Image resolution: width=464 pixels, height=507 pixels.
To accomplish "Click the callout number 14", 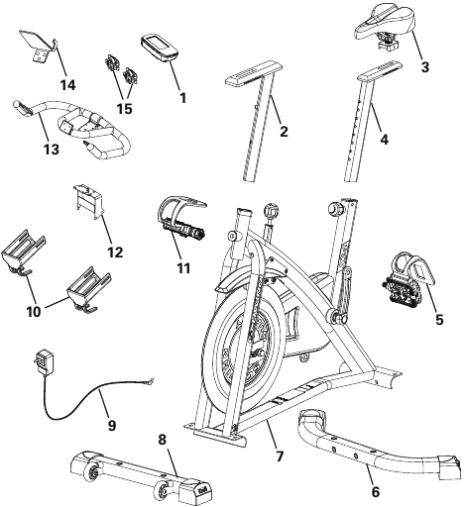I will [x=67, y=84].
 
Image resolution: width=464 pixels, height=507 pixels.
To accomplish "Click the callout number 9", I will [x=111, y=425].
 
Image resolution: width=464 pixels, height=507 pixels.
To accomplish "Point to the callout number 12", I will [x=115, y=252].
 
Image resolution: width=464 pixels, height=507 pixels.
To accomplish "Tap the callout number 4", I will [x=384, y=139].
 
